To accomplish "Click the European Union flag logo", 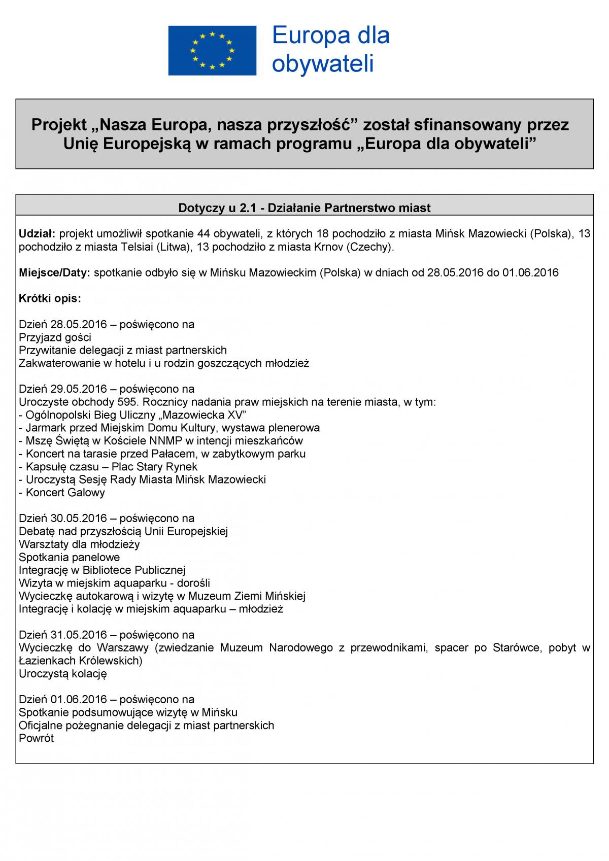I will pos(212,50).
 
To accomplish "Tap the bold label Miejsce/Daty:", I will pos(54,272).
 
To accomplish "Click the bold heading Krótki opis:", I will pos(50,298).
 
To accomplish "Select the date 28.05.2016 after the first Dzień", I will pos(80,324).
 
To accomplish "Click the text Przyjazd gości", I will pos(55,337).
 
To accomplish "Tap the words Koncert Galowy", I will pos(65,493).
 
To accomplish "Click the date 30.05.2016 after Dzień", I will pos(80,519).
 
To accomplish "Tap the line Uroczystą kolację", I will pos(63,674).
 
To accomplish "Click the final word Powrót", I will pos(36,738).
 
